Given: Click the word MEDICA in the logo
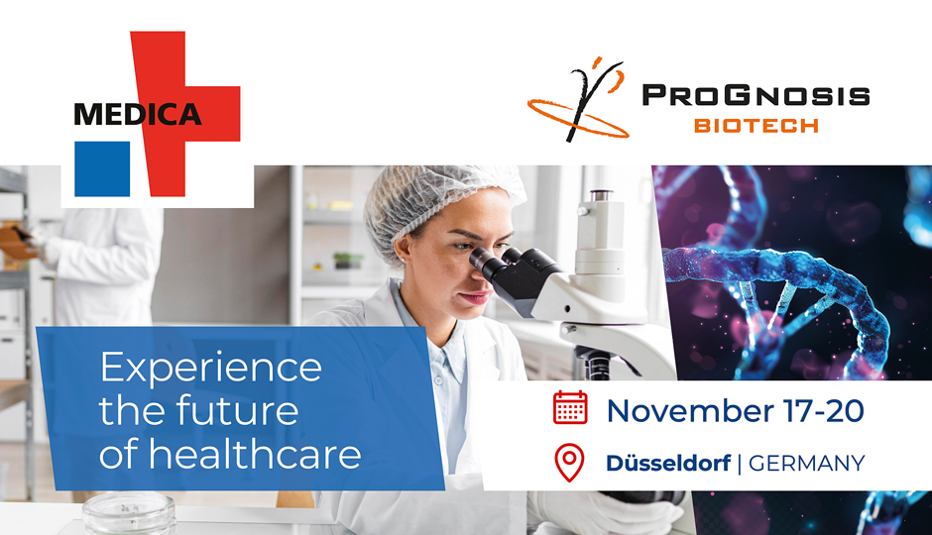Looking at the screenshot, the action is point(137,114).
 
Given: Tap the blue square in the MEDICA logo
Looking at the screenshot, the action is point(102,168).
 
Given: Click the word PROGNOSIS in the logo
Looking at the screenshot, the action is point(757,95).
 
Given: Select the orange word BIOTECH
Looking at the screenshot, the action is point(757,126).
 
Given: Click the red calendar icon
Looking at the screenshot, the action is point(570,407).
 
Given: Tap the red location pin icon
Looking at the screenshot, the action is point(569,463).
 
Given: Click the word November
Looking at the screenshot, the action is point(689,411).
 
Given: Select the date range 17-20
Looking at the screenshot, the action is point(823,411).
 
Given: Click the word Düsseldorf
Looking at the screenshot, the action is point(668,463).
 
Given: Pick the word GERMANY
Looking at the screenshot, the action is point(807,463).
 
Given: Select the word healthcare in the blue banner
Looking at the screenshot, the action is point(255,453).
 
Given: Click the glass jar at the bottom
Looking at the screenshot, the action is point(130,513).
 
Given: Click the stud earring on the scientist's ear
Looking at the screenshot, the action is point(403,260).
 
